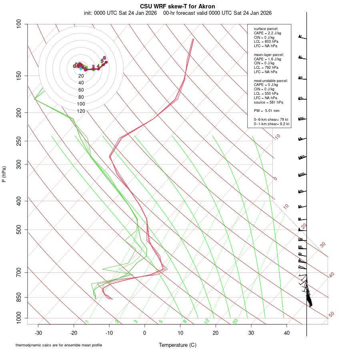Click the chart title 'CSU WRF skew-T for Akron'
(178, 6)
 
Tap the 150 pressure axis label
(18, 76)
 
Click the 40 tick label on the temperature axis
(286, 333)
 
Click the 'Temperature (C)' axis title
(178, 345)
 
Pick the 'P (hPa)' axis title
(4, 174)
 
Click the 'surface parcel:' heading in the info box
(266, 29)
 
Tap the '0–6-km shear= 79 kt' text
(271, 120)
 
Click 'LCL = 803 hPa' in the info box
(266, 42)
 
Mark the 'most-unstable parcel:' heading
(271, 80)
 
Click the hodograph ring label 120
(81, 111)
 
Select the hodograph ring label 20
(81, 76)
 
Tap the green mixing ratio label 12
(207, 321)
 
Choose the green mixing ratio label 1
(86, 322)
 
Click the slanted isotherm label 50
(331, 315)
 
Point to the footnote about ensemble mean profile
(62, 345)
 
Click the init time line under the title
(178, 13)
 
